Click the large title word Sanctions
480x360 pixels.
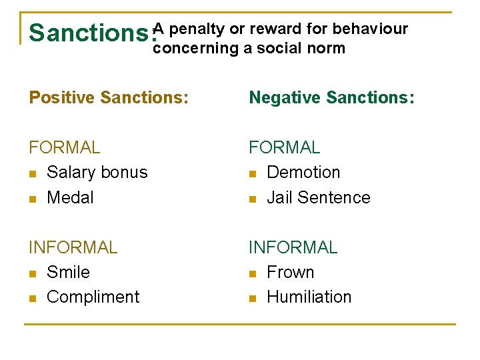[92, 33]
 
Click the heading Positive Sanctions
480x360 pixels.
[109, 98]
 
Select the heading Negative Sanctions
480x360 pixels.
[331, 98]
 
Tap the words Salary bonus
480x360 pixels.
[97, 172]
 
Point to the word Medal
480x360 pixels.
[70, 197]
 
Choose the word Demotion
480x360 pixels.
[303, 172]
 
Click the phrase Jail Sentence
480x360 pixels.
[318, 197]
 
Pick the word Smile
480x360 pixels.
[68, 272]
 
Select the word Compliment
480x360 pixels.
[93, 297]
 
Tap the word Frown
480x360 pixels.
[290, 272]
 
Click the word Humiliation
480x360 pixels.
[309, 297]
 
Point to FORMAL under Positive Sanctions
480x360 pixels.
[64, 147]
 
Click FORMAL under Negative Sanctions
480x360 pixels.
[284, 147]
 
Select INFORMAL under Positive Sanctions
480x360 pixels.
[73, 247]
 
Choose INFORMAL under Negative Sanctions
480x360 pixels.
[293, 247]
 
